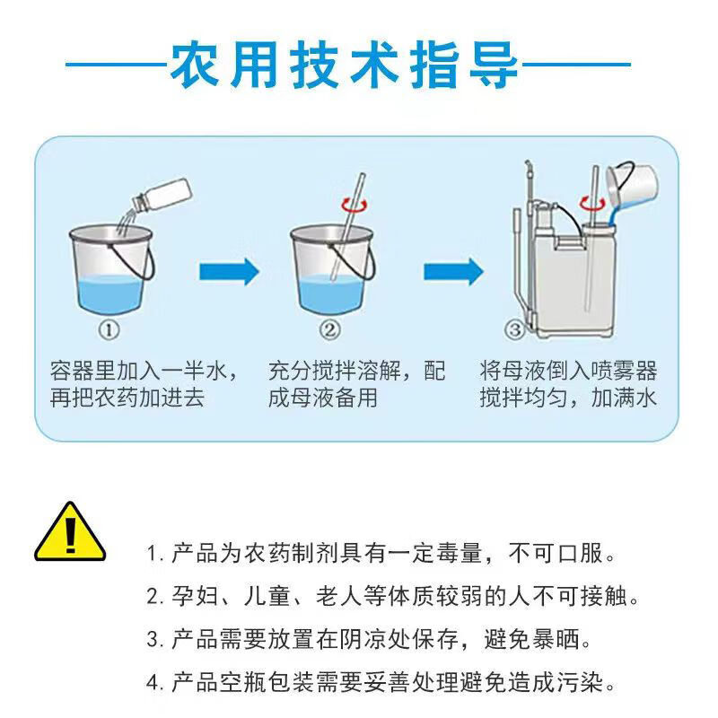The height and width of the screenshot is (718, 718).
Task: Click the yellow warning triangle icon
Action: click(70, 533)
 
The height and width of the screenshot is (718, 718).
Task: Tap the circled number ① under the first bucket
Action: click(109, 329)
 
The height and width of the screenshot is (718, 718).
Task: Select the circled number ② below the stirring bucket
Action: click(329, 329)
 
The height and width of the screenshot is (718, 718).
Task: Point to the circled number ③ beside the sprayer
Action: click(514, 329)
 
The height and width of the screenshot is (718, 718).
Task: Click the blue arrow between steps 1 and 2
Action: click(229, 272)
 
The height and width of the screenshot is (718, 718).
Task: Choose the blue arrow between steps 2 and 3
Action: click(453, 272)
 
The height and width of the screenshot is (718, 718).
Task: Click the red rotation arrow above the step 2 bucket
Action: click(355, 206)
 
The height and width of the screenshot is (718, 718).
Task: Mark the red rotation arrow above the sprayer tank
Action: click(592, 204)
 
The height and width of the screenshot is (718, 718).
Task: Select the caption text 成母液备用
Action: click(323, 398)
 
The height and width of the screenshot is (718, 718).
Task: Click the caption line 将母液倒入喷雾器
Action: click(568, 371)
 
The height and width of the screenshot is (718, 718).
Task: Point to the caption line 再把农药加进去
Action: click(127, 398)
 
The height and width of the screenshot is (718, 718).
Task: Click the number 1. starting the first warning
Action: click(154, 554)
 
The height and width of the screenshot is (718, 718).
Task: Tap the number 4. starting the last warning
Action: click(154, 683)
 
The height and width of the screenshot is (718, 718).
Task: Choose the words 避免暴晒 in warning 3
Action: click(531, 639)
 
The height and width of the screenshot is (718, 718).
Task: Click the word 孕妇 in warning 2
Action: click(195, 596)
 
